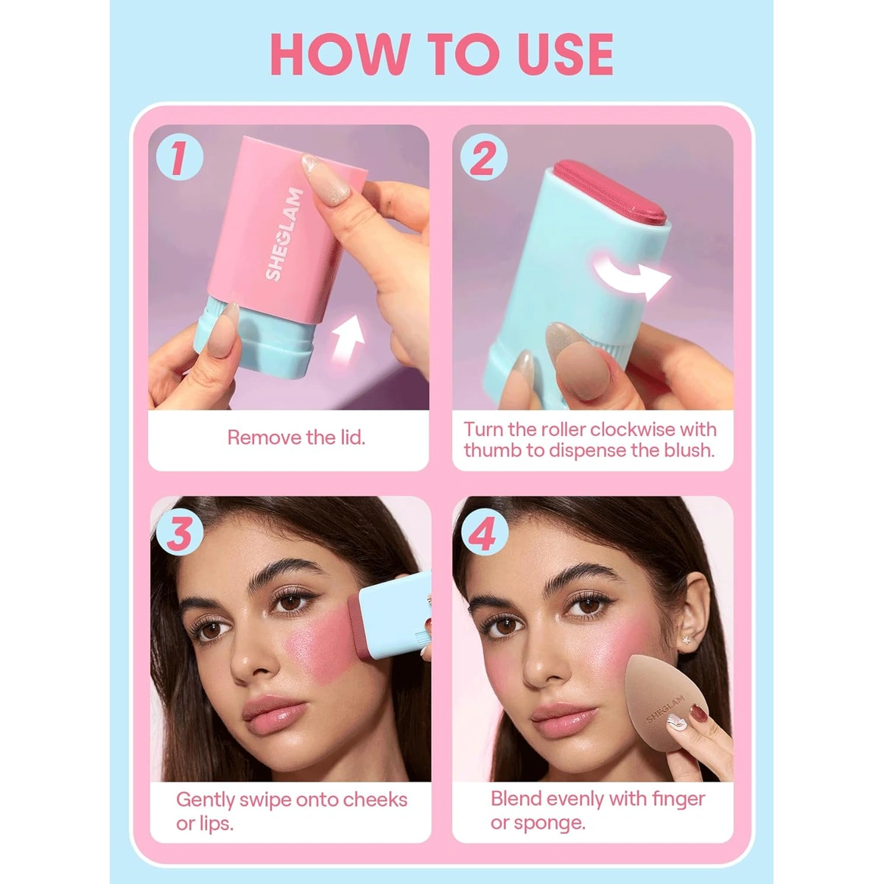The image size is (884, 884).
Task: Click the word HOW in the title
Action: [x=340, y=54]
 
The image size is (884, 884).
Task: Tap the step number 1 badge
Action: [x=179, y=158]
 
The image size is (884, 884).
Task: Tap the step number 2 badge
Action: [x=483, y=158]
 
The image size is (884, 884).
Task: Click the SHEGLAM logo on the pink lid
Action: [x=284, y=234]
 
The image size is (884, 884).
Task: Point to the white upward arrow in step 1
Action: [x=347, y=337]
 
